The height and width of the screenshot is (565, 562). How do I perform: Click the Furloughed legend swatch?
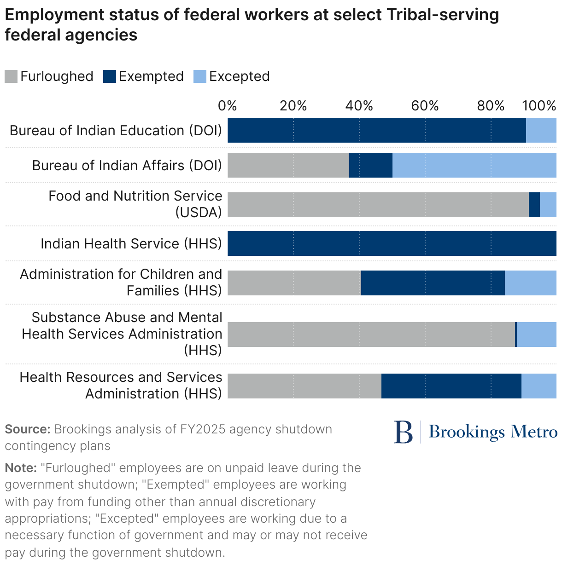coord(11,76)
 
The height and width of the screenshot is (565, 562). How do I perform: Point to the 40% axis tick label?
coord(359,106)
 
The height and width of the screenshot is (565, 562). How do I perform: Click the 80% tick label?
coord(491,106)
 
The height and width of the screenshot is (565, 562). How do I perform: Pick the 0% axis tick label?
coord(228,106)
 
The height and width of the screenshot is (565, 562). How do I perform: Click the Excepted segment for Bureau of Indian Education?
coord(541,130)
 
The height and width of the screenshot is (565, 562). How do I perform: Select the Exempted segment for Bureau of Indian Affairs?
coord(370,165)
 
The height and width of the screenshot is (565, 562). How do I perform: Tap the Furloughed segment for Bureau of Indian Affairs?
coord(288,165)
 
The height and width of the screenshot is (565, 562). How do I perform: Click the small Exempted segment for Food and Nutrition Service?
coord(534,205)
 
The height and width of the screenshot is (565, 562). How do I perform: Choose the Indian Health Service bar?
coord(392,243)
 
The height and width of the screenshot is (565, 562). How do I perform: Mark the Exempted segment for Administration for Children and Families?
coord(433,283)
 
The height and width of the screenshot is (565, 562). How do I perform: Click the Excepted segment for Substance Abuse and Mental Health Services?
coord(536,334)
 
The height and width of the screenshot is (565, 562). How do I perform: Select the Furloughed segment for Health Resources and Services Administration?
coord(304,386)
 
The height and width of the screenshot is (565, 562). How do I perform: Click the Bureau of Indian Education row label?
coord(116,131)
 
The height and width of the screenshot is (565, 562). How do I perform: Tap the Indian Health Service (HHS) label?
coord(131,244)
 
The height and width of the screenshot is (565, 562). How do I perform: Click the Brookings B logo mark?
coord(404,432)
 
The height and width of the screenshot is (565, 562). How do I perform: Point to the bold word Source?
coord(27,429)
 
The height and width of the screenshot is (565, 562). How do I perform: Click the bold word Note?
coord(21,468)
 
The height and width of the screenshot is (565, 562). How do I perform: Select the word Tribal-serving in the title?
coord(443,15)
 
